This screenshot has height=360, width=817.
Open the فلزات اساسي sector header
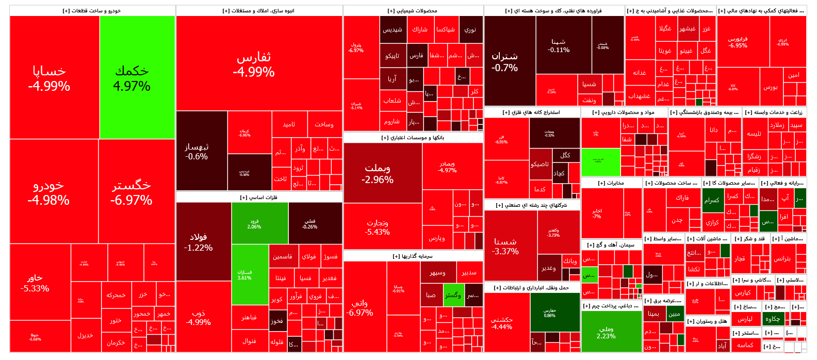[259, 197]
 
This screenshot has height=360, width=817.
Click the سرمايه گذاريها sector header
[413, 256]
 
